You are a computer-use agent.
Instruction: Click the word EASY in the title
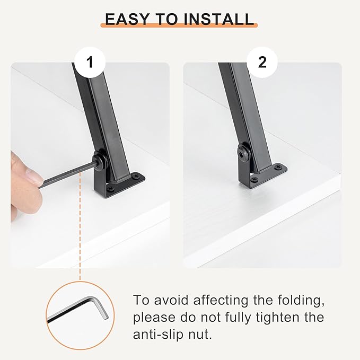pos(127,19)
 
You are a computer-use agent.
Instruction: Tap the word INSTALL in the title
pos(219,19)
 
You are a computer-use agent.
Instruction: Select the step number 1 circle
pos(90,62)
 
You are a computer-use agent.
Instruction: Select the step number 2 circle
pos(262,62)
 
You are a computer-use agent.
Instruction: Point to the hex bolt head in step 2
pos(244,153)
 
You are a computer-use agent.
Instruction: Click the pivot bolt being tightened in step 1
pos(100,161)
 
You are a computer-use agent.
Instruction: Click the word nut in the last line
pos(200,335)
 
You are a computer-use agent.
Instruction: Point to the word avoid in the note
pos(171,300)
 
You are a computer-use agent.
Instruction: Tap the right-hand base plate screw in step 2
pos(279,167)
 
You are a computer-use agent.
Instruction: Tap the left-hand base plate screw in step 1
pos(111,188)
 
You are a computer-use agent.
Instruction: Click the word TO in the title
pos(166,19)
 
